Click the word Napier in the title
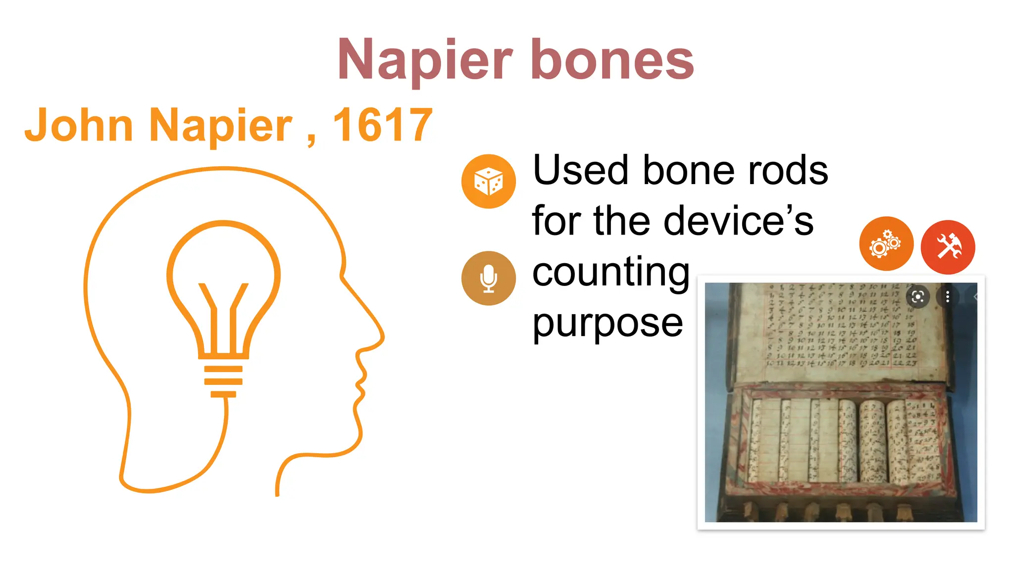click(x=425, y=60)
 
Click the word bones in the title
click(x=612, y=60)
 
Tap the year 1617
click(x=383, y=125)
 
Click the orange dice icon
click(x=488, y=182)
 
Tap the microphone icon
click(x=488, y=278)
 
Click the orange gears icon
click(x=886, y=243)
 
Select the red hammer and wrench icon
click(x=948, y=247)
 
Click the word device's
click(x=738, y=221)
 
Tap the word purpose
click(x=608, y=323)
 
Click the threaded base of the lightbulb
click(x=223, y=381)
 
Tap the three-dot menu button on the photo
click(x=948, y=297)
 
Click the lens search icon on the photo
click(x=918, y=297)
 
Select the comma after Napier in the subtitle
click(x=311, y=140)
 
